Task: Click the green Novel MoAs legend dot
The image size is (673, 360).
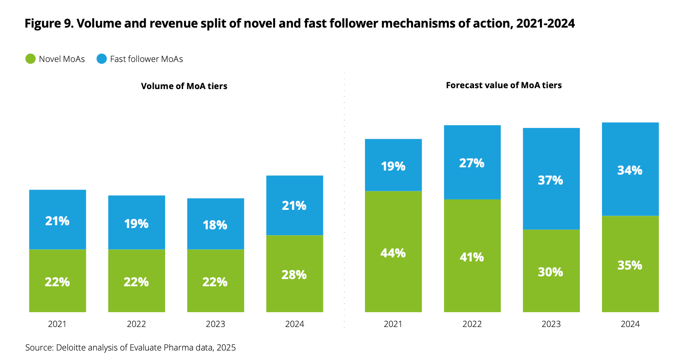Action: click(30, 59)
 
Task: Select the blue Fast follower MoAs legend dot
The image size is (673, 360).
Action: click(102, 59)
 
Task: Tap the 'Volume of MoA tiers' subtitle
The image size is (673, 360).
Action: click(184, 86)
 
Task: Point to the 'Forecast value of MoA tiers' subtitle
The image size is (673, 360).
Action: click(503, 85)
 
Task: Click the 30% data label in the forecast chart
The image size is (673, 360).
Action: click(551, 272)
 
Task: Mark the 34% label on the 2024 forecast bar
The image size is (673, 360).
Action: click(630, 171)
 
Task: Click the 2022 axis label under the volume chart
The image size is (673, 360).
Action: click(136, 324)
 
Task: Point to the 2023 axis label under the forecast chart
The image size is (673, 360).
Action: click(551, 324)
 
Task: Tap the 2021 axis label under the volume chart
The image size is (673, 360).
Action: click(57, 324)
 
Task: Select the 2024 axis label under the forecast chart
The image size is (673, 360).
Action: click(630, 324)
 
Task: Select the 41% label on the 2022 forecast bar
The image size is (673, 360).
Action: click(472, 257)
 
